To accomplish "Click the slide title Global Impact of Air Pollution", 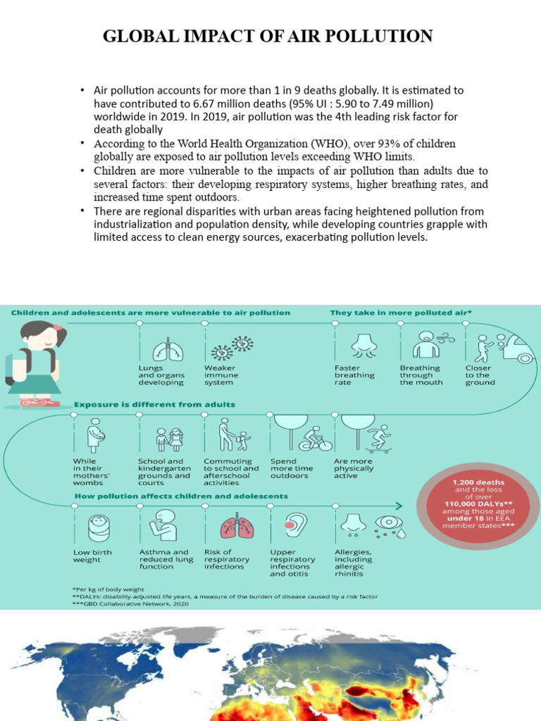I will coord(268,36).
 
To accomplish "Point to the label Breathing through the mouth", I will coord(421,375).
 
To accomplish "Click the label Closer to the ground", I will coord(480,375).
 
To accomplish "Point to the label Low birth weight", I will coord(92,556).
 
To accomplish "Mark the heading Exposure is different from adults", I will coord(155,405).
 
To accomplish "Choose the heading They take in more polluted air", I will coord(401,313).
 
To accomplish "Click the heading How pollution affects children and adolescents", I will coord(181,496).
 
